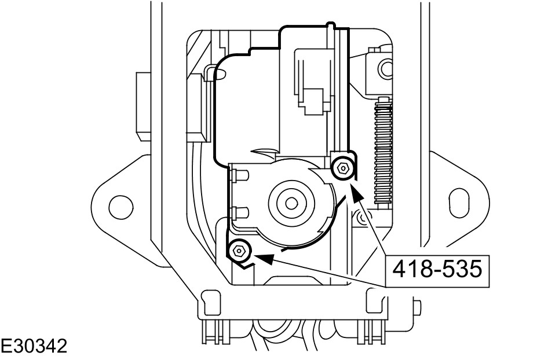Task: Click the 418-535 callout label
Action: pyautogui.click(x=437, y=269)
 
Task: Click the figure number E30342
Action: pyautogui.click(x=34, y=347)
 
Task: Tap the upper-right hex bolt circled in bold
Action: pyautogui.click(x=342, y=168)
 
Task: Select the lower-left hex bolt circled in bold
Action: pyautogui.click(x=238, y=251)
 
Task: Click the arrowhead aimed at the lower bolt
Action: pyautogui.click(x=264, y=259)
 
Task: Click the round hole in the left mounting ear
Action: pyautogui.click(x=121, y=207)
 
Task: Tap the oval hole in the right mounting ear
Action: pyautogui.click(x=459, y=203)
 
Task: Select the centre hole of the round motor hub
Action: pyautogui.click(x=292, y=203)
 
